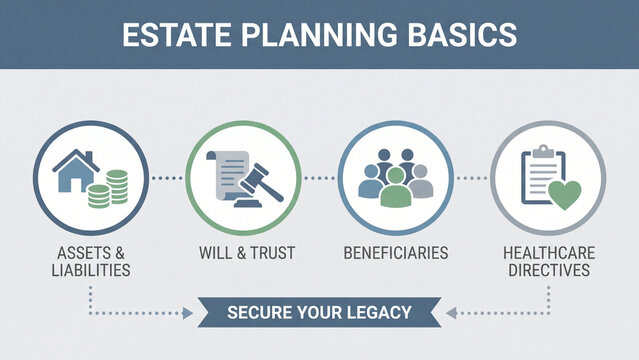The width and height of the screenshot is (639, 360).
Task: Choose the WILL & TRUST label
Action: coord(246,253)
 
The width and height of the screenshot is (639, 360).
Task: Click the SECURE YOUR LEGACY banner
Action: coord(319,313)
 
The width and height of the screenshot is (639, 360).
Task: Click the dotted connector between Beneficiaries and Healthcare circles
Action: coord(471,178)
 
